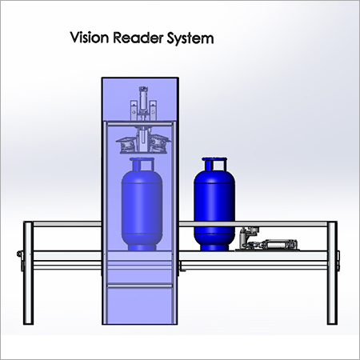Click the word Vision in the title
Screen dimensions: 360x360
(90, 38)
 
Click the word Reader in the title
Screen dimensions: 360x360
(138, 38)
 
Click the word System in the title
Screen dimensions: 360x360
(190, 38)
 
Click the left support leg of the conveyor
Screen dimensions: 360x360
(28, 273)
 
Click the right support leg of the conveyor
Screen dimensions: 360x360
(332, 273)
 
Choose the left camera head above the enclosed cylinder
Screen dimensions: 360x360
(126, 145)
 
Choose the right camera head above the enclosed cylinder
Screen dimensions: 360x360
(160, 145)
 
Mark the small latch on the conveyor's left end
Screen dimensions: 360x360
(20, 254)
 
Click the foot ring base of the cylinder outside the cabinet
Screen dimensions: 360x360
(214, 247)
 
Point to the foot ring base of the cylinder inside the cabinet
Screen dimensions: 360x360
(142, 247)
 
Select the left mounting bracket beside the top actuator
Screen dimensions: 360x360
(134, 110)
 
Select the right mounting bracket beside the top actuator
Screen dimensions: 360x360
(153, 110)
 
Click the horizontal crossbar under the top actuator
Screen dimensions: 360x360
(139, 123)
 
